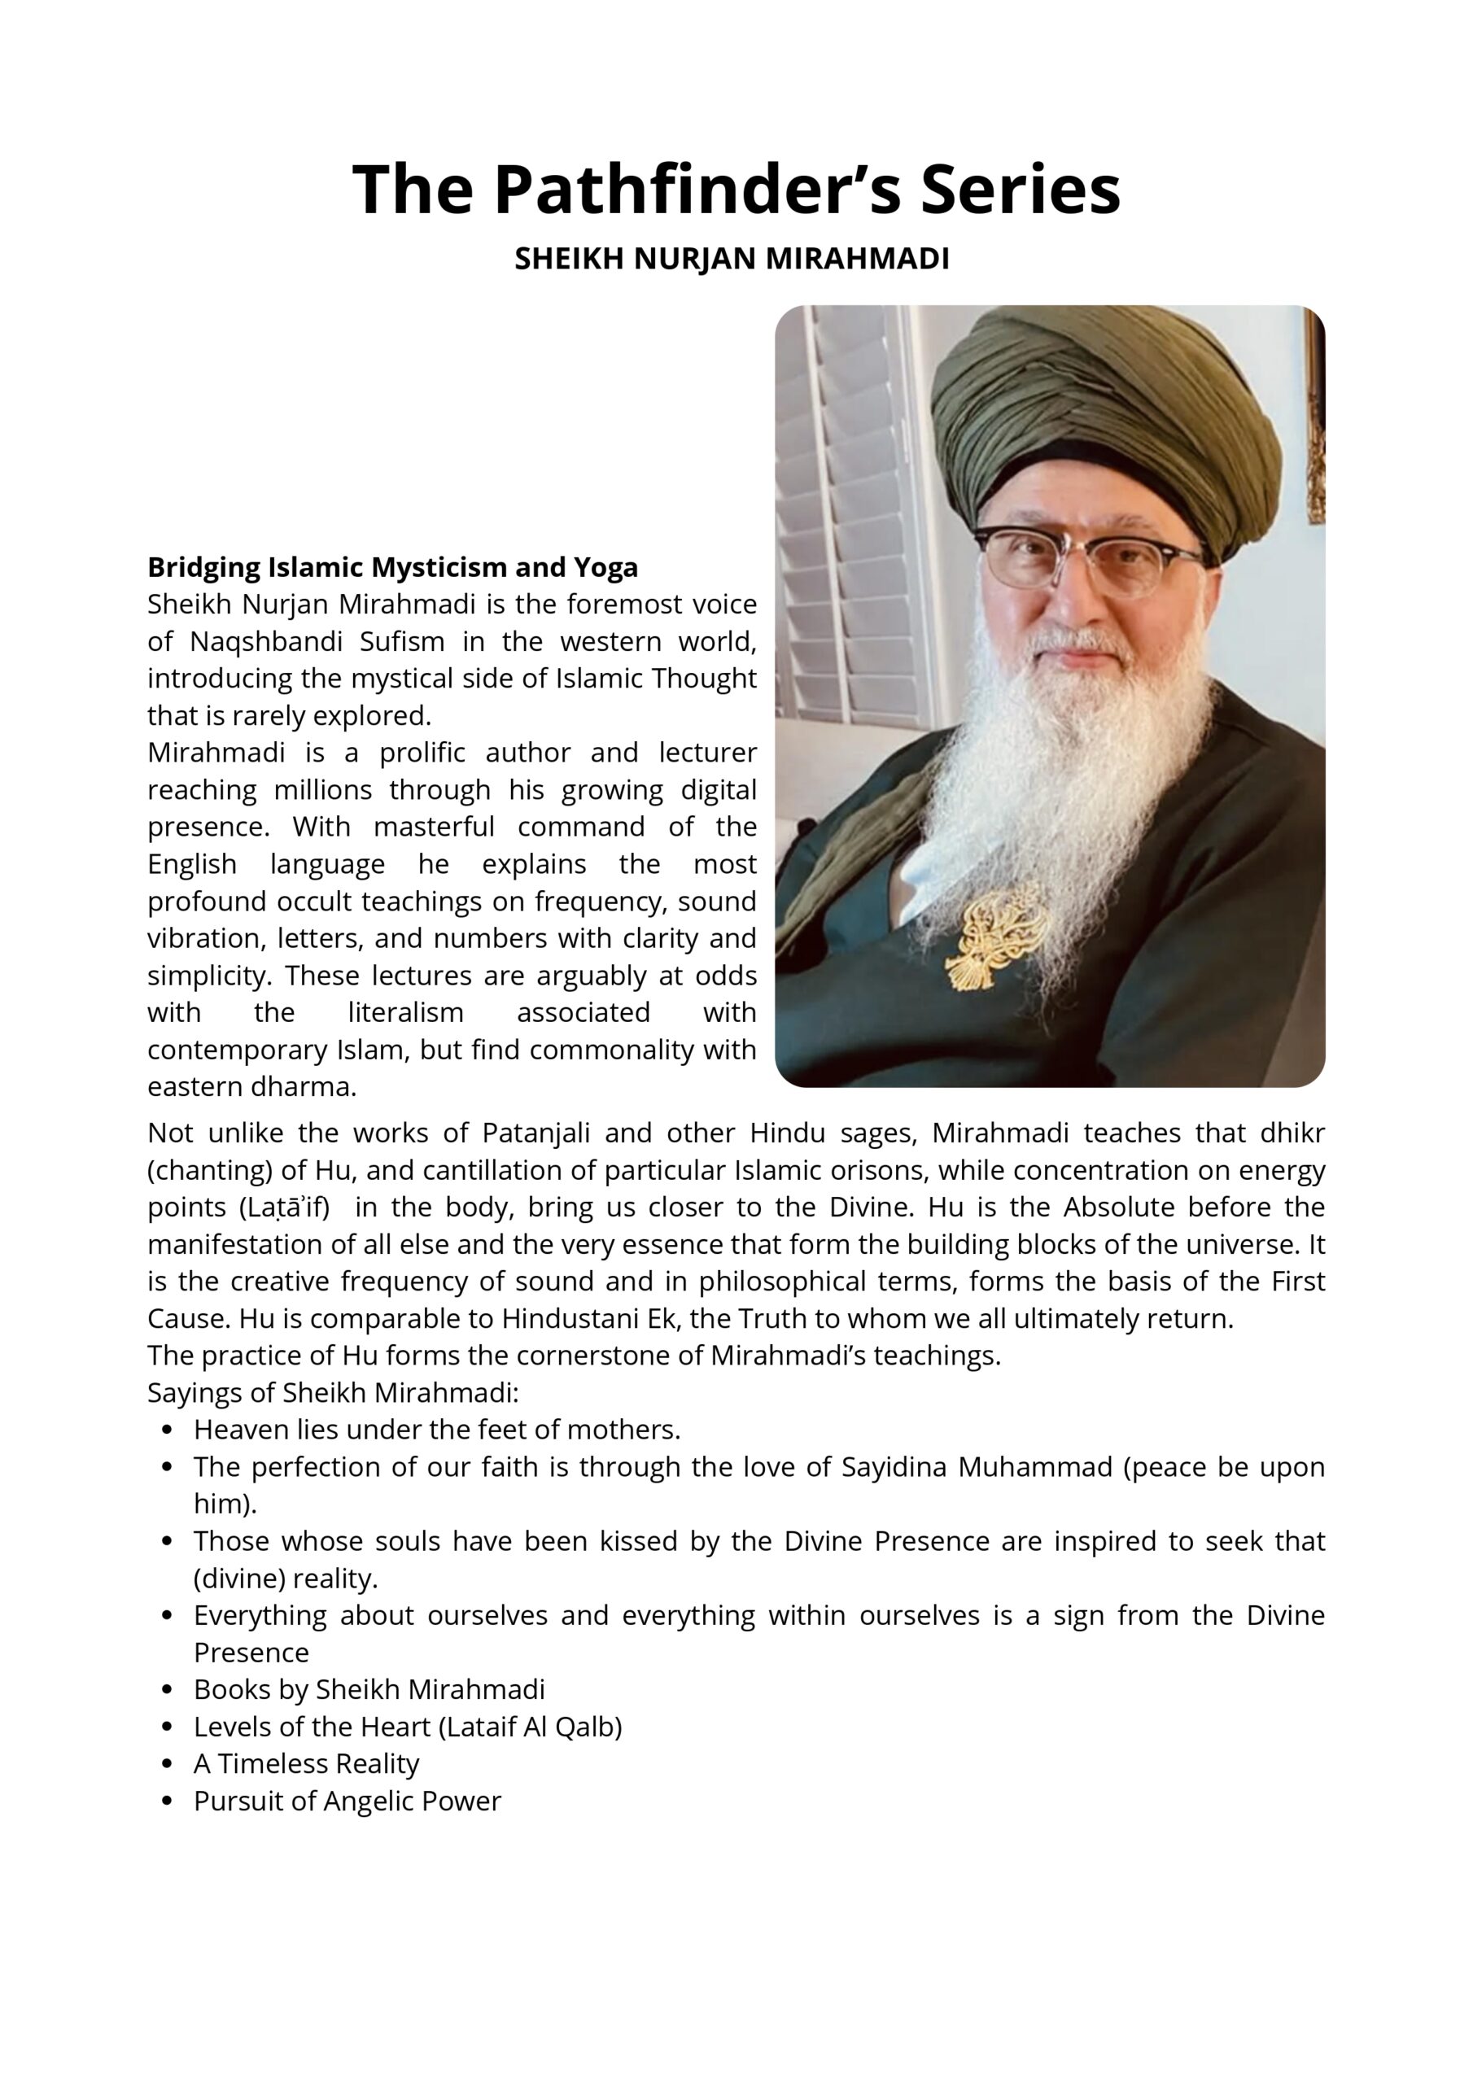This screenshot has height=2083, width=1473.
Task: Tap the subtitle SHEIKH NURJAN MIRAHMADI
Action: coord(732,259)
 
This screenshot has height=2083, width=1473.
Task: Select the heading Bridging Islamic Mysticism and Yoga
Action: coord(392,567)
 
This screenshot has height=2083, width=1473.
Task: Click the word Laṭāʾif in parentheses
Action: coord(283,1207)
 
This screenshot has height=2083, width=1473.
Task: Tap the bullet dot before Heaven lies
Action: coord(166,1430)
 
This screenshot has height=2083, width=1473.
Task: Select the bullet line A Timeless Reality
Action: coord(306,1764)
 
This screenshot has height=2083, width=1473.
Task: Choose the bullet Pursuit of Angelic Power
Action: coord(347,1801)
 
